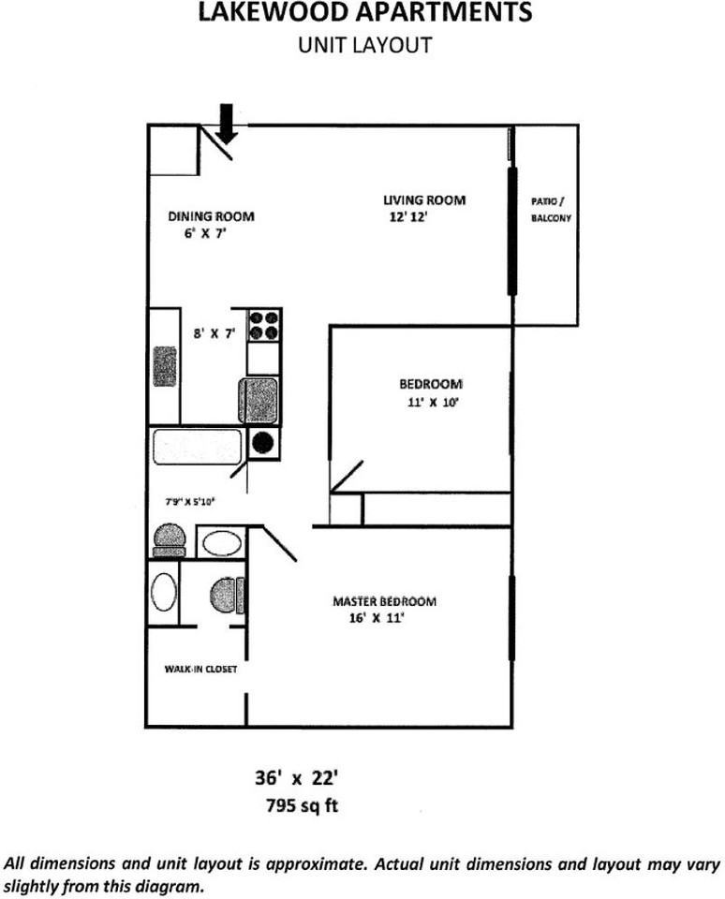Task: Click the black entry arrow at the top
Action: click(225, 123)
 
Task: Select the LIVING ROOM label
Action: click(423, 200)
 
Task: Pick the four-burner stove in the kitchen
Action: click(263, 325)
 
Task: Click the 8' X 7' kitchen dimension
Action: click(213, 332)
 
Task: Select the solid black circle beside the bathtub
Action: click(264, 443)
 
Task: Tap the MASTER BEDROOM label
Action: click(384, 601)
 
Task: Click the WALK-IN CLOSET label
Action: click(200, 670)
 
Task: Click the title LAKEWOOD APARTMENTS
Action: click(365, 14)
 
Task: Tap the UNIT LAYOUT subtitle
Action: click(364, 44)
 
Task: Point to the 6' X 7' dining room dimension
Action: click(205, 234)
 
